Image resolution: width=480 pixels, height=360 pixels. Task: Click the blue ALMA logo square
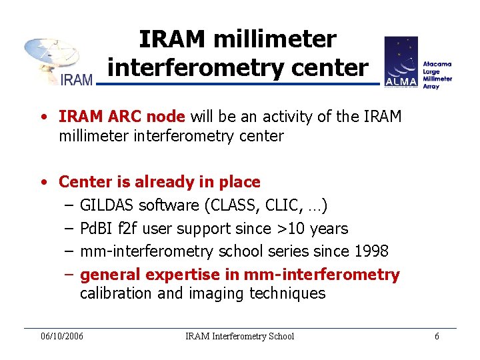click(x=401, y=62)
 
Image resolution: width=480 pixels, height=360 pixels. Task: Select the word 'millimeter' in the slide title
click(x=275, y=39)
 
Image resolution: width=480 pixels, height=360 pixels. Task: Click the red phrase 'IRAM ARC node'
click(x=121, y=117)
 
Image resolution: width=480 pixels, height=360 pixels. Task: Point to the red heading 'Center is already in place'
click(x=159, y=181)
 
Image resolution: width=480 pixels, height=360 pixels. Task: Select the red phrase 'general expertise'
click(x=159, y=275)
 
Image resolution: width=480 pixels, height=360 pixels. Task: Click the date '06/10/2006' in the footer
click(x=62, y=336)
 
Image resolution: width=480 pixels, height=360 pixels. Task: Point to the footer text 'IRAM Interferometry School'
click(x=239, y=336)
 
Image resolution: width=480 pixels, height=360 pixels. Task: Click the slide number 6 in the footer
click(x=437, y=336)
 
